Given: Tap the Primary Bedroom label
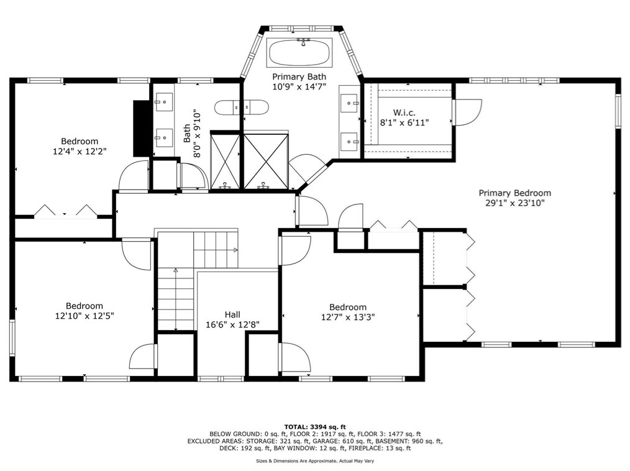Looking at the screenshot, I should point(514,193).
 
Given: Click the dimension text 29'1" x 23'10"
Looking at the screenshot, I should point(514,203).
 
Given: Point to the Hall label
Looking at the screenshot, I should point(232,314).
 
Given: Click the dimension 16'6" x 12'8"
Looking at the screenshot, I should point(232,324).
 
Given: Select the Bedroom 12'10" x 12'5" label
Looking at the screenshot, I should point(84,306).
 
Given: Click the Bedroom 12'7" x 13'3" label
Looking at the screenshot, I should point(348,307).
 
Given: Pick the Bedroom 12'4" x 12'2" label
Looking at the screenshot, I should point(80,141).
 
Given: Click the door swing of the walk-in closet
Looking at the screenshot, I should point(467,112).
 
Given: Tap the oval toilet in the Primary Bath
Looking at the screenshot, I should point(241,107).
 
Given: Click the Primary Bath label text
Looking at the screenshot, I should point(299,76).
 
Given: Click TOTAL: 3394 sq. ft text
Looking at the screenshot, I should point(315,426).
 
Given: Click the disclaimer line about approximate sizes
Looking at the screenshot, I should point(315,461).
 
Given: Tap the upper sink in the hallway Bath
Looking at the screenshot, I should point(164,100).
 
